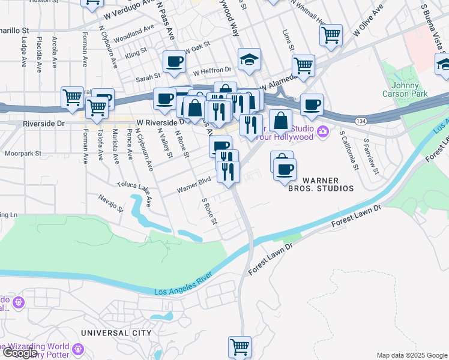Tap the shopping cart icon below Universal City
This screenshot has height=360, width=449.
240,346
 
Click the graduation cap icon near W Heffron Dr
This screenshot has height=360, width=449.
249,59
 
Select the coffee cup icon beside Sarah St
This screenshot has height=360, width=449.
174,61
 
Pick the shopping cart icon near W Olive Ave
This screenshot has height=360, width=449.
330,35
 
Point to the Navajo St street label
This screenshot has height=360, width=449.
110,203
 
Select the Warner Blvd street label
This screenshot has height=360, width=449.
193,185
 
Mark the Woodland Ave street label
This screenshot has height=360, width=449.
134,30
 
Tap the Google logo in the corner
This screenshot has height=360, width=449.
19,353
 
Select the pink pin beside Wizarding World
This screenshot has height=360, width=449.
77,348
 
